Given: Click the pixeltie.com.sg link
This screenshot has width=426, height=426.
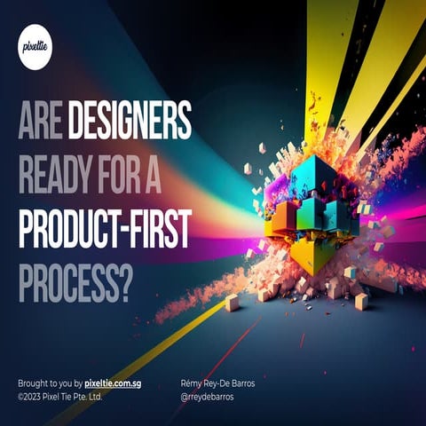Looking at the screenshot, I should click(113, 383).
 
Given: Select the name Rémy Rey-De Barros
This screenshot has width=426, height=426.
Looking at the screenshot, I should click(217, 383).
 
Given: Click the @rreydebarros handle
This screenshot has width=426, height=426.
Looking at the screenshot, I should click(208, 397).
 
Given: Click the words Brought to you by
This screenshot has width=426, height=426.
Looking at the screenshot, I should click(50, 383).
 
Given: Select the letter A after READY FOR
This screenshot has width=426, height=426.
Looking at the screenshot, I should click(154, 175).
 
